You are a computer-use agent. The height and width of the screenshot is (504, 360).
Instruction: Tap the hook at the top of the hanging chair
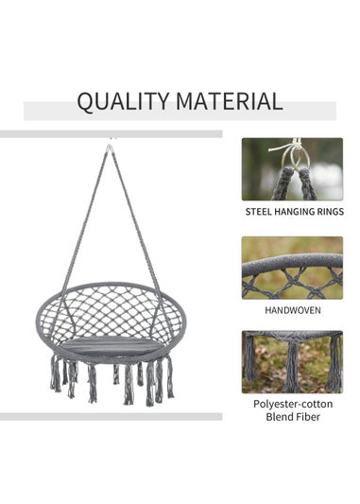[110, 147]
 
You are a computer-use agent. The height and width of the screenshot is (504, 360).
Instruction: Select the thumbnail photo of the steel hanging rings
[292, 169]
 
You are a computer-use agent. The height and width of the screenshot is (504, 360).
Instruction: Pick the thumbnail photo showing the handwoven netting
[292, 268]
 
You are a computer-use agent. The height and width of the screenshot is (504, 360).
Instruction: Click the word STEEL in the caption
[260, 212]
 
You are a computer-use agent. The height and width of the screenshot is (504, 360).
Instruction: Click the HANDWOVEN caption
[292, 309]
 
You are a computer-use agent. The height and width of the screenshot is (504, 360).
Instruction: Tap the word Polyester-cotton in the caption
[292, 404]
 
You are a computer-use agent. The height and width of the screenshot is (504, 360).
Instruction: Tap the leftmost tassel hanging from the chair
[55, 374]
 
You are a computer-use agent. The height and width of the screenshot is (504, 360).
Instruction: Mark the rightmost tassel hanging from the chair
[170, 375]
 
